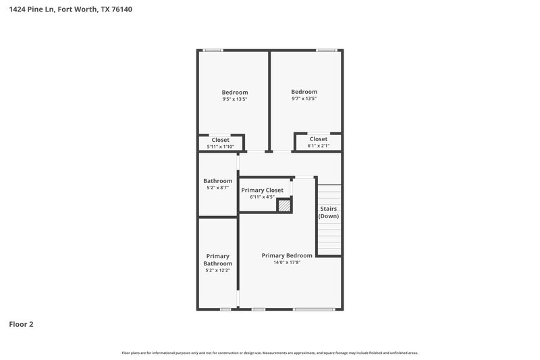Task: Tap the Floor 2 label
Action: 21,324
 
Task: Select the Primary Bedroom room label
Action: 287,255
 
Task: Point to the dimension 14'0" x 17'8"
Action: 287,263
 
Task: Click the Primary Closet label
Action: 263,190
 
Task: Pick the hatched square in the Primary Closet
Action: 286,205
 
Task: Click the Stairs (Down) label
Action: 329,212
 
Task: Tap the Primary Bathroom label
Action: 218,259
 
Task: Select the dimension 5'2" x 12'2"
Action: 218,270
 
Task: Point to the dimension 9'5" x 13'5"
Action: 235,99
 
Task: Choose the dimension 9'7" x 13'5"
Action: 304,99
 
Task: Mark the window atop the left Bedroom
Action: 213,50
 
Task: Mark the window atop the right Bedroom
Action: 327,50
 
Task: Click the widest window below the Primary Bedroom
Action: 313,309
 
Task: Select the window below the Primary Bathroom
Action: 225,309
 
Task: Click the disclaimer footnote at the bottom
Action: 270,353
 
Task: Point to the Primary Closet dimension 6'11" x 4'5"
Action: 263,197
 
